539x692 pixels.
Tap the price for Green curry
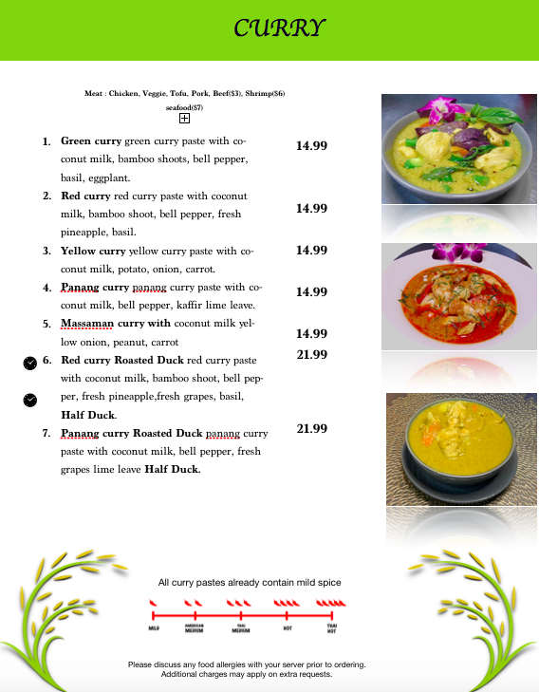click(311, 145)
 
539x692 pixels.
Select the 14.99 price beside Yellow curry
click(311, 250)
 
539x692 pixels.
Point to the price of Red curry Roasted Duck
click(311, 354)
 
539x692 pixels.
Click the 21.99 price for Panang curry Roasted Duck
click(311, 428)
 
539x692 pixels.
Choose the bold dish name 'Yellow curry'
click(93, 252)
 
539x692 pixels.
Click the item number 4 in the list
click(46, 288)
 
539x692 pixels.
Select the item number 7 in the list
click(46, 434)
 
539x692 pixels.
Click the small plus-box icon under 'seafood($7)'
click(185, 119)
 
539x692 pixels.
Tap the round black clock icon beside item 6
click(29, 363)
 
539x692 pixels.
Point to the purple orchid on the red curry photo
click(456, 252)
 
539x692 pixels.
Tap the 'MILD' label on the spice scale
click(154, 628)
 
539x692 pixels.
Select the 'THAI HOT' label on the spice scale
click(331, 628)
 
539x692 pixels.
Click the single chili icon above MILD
click(153, 603)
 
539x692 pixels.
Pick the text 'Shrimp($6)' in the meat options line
click(265, 94)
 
